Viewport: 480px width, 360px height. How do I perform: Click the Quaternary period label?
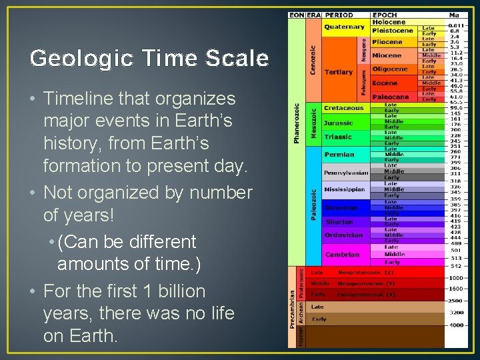(344, 27)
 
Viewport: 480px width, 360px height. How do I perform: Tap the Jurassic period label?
(338, 123)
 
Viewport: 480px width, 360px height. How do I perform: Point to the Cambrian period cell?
(342, 255)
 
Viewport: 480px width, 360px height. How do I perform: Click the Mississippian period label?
(345, 189)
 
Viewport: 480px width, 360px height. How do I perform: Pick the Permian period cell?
(339, 155)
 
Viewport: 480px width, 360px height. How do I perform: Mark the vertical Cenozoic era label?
(313, 60)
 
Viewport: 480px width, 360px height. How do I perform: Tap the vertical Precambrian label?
(292, 308)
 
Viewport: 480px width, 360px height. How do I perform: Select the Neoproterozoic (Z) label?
(366, 273)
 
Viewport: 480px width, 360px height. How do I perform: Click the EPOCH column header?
(385, 15)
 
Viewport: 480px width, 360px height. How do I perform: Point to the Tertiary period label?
(338, 72)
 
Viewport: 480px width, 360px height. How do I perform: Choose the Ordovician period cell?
(343, 235)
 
